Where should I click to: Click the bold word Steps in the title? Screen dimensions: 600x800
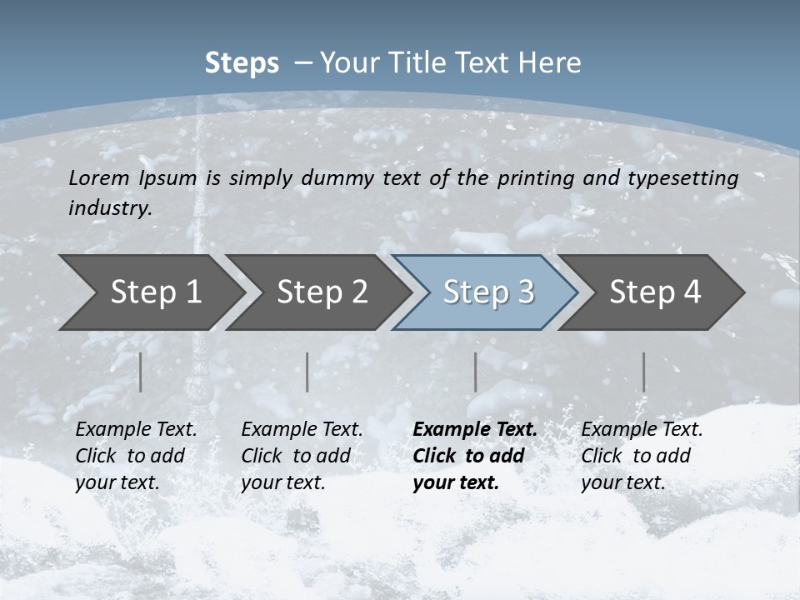tap(242, 63)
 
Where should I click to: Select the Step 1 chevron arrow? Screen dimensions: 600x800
tap(150, 292)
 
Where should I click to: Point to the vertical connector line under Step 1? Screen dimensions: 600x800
tap(141, 372)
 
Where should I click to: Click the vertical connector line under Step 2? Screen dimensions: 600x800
tap(307, 372)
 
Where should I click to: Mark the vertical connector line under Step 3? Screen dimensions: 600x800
tap(475, 372)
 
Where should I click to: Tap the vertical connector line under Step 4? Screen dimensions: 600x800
tap(643, 372)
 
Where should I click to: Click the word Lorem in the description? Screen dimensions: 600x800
tap(99, 177)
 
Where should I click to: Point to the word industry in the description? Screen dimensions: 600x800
tap(109, 207)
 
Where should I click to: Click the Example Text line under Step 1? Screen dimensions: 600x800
tap(136, 429)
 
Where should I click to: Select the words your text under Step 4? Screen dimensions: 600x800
tap(622, 482)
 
